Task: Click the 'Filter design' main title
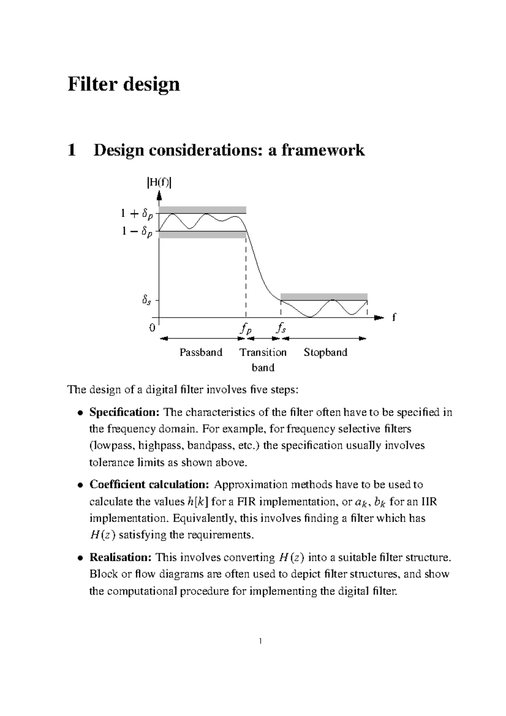tap(124, 84)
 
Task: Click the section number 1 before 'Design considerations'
tap(72, 150)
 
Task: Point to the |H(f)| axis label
tap(159, 183)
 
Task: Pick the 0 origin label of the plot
tap(152, 328)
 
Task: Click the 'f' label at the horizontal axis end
tap(394, 317)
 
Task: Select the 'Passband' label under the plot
tap(201, 353)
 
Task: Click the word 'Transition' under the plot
tap(263, 353)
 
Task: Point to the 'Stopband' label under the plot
tap(326, 353)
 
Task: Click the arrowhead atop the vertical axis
tap(159, 196)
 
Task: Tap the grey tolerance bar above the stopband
tap(324, 296)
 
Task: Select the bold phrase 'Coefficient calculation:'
tap(149, 485)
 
